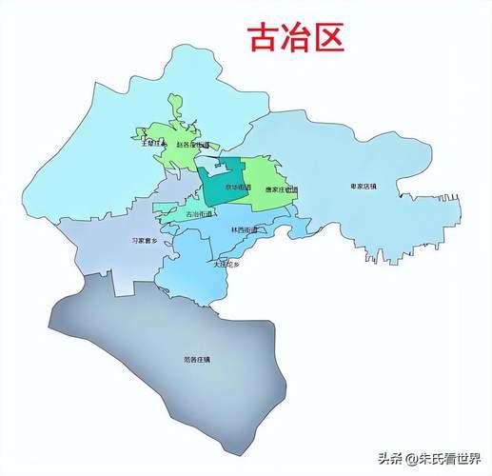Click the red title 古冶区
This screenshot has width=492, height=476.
(x=295, y=38)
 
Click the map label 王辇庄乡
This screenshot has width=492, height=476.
(x=153, y=144)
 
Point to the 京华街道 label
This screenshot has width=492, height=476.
(x=238, y=188)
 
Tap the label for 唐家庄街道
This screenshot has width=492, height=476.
(x=282, y=189)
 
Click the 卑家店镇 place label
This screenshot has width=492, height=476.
(x=364, y=186)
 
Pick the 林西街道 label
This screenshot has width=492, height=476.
(x=245, y=229)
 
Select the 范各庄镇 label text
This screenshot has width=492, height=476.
(x=197, y=359)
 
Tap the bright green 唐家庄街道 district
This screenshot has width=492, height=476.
(x=276, y=171)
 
